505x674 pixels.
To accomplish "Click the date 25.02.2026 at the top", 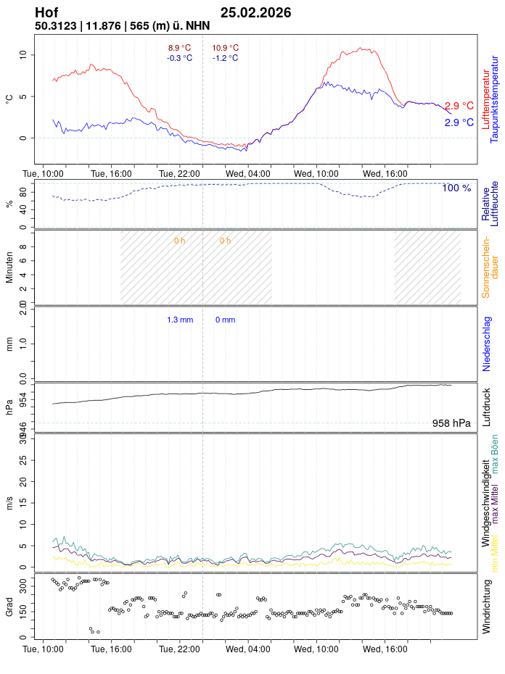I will (255, 13).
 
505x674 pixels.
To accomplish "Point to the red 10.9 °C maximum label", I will (225, 48).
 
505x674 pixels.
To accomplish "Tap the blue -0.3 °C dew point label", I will (179, 58).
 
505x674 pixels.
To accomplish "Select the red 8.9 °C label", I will (179, 48).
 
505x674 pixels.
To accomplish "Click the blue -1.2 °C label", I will (225, 58).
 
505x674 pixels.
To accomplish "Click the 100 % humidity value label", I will (456, 188).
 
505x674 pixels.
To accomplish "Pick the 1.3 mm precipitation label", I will (180, 320).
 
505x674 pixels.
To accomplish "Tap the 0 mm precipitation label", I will (225, 320).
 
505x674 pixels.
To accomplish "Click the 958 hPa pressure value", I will (451, 423).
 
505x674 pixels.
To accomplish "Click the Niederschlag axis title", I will (486, 344).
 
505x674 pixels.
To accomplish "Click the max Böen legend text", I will (495, 454).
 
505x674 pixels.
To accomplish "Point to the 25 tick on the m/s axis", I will (23, 460).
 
